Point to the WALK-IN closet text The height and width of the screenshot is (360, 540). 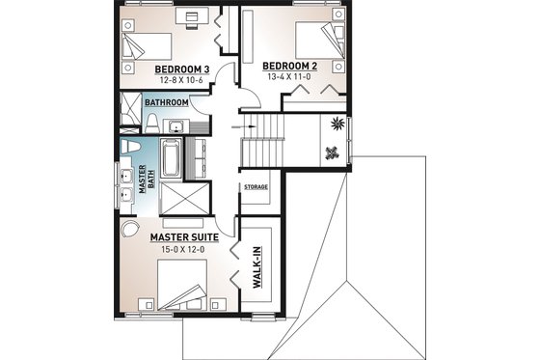[258, 266]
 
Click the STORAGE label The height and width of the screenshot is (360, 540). [256, 186]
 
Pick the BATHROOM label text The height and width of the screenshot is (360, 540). [167, 101]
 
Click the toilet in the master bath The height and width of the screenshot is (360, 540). [132, 146]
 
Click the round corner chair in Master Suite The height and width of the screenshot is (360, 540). [128, 232]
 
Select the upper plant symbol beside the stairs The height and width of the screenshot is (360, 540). [337, 123]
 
